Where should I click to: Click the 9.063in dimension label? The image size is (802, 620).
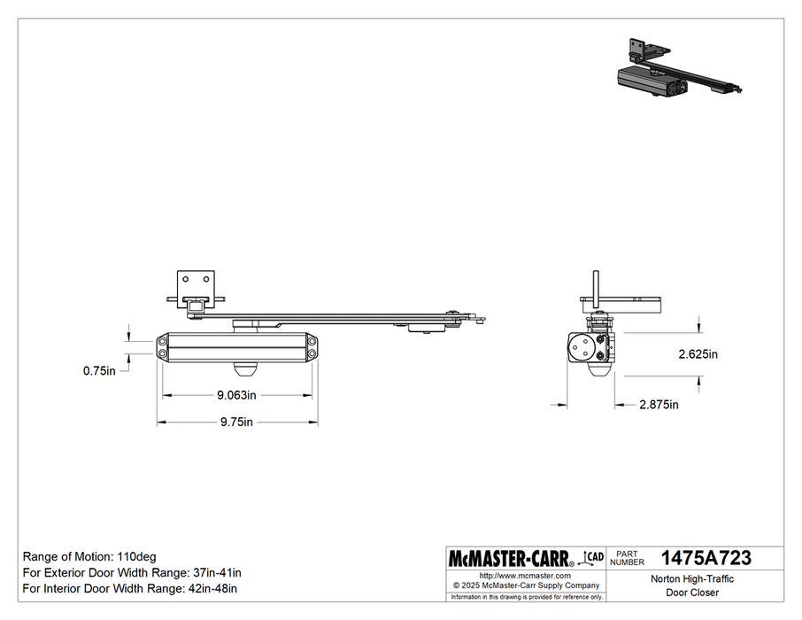tap(237, 395)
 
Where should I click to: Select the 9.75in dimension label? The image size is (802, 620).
tap(237, 422)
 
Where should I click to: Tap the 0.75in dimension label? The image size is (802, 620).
tap(99, 371)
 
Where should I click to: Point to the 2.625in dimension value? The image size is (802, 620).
tap(698, 353)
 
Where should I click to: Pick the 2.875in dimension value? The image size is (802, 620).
tap(659, 405)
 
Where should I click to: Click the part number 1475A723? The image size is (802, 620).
tap(706, 558)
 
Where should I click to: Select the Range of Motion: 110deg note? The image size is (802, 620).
tap(89, 556)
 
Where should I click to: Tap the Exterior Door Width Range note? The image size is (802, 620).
tap(130, 572)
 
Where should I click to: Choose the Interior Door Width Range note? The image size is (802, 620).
tap(128, 588)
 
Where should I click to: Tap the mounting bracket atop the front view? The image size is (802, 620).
tap(197, 288)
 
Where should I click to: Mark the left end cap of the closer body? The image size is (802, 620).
tap(166, 346)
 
